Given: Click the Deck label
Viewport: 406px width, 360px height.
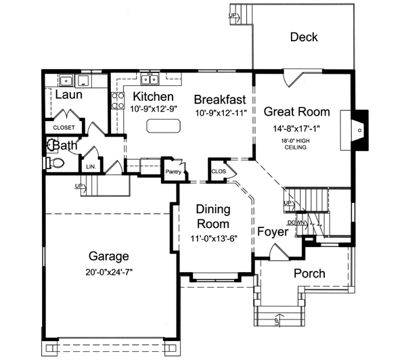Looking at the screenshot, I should (304, 38).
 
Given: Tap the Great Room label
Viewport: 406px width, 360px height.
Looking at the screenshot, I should (296, 112).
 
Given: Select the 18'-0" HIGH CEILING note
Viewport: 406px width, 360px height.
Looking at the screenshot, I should (296, 143).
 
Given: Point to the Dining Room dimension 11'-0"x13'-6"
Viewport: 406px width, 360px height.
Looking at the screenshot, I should (212, 238).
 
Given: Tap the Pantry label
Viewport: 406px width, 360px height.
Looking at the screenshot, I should (173, 172).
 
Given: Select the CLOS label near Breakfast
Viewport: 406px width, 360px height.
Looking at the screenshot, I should (218, 171).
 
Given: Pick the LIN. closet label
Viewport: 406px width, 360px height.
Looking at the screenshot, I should (89, 166).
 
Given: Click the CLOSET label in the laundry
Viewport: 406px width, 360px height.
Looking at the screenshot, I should (63, 127).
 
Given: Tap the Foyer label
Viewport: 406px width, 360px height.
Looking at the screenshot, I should (273, 232).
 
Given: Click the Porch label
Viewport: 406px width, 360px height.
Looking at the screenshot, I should (309, 274).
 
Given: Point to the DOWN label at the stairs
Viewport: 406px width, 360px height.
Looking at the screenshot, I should (296, 222).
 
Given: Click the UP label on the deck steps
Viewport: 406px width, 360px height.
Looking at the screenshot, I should (234, 14).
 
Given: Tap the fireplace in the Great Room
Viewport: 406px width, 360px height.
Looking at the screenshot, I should (360, 129).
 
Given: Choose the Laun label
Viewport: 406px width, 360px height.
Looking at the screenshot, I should (68, 95).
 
